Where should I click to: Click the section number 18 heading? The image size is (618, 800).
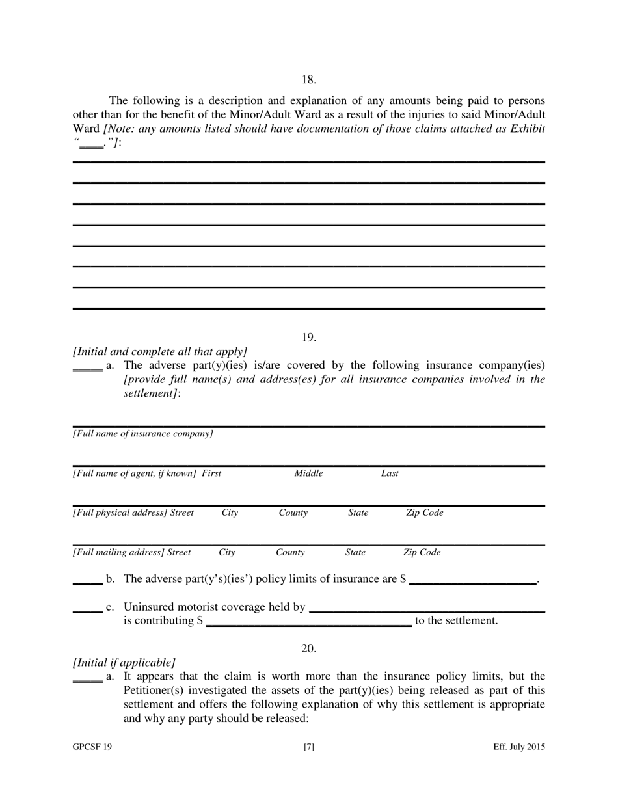[308, 80]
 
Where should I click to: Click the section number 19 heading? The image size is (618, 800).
[308, 338]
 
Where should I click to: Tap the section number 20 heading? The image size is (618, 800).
[308, 648]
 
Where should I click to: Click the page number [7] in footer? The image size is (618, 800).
[308, 747]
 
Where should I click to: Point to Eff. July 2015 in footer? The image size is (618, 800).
[518, 747]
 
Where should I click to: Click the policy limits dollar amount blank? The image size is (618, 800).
[472, 582]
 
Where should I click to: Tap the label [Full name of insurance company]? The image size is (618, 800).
[142, 434]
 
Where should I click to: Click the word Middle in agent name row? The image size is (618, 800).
[308, 473]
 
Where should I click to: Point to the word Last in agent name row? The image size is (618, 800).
[390, 473]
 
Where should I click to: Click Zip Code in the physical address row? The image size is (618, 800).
[424, 513]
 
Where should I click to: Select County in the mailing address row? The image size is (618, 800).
[290, 553]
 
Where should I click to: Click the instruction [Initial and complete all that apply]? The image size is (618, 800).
[160, 351]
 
